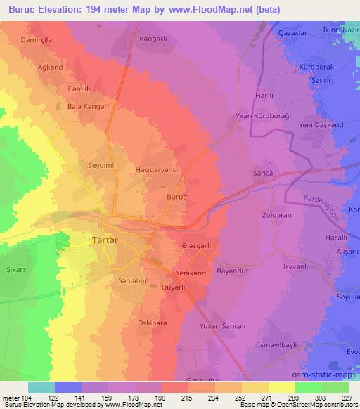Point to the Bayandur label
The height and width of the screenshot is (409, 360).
tap(233, 269)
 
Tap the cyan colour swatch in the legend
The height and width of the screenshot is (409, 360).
tap(41, 387)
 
